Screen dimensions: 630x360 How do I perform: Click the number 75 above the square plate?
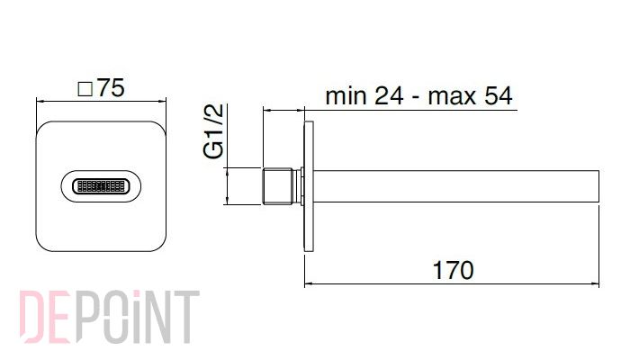pos(111,87)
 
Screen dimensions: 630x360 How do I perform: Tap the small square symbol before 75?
pos(85,89)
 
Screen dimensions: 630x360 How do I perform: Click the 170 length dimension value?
pos(454,270)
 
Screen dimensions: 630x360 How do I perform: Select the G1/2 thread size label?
pos(213,131)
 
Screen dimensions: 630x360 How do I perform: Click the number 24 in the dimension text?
pos(389,96)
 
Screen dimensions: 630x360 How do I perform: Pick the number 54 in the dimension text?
pos(499,96)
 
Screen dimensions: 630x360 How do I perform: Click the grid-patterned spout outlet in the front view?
pos(101,186)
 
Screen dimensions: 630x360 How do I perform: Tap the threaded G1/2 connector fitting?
pos(278,186)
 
